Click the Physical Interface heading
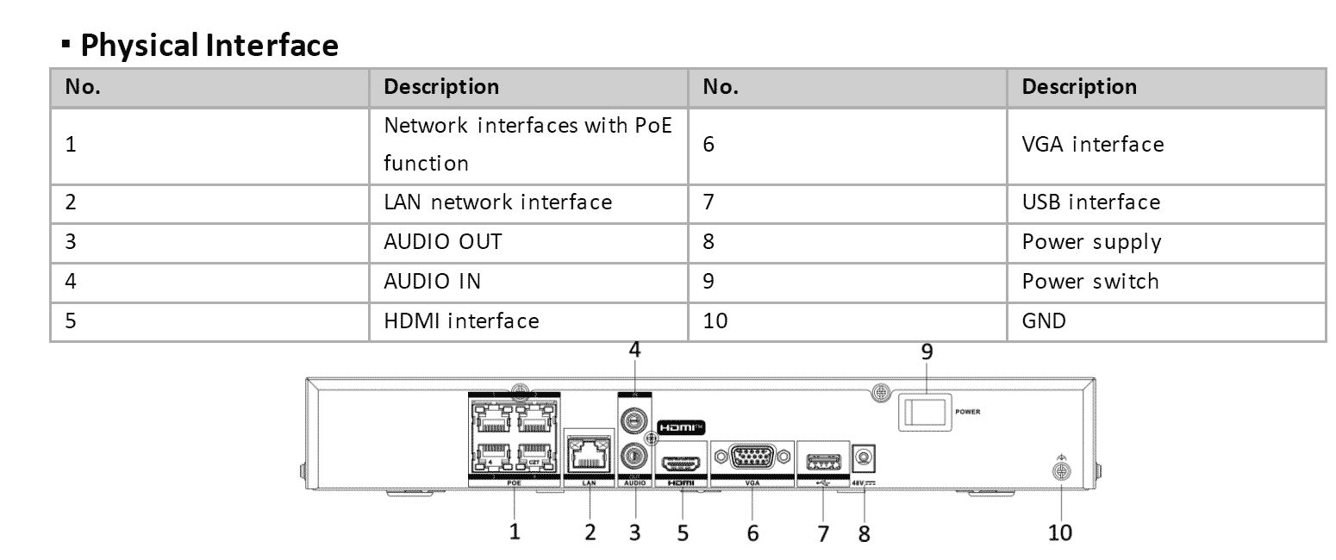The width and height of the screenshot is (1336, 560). pos(209,45)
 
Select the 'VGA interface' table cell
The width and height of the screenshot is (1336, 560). pos(1092,145)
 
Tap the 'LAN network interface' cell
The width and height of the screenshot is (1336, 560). pos(498,202)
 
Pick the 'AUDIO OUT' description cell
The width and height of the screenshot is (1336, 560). pos(443,242)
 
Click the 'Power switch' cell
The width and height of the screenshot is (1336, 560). pos(1090,282)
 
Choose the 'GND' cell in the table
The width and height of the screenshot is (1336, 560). pos(1044,321)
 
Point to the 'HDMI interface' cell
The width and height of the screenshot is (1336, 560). pos(461,321)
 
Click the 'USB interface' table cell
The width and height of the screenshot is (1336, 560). pos(1091,202)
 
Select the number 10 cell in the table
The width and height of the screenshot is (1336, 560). pos(715,321)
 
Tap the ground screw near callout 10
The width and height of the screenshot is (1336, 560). pos(1061,471)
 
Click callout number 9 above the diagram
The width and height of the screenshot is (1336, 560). pos(927,352)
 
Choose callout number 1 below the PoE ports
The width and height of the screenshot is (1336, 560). pos(515,531)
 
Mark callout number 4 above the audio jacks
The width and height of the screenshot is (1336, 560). pos(635,351)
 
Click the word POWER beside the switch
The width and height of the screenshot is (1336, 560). pos(967,412)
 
